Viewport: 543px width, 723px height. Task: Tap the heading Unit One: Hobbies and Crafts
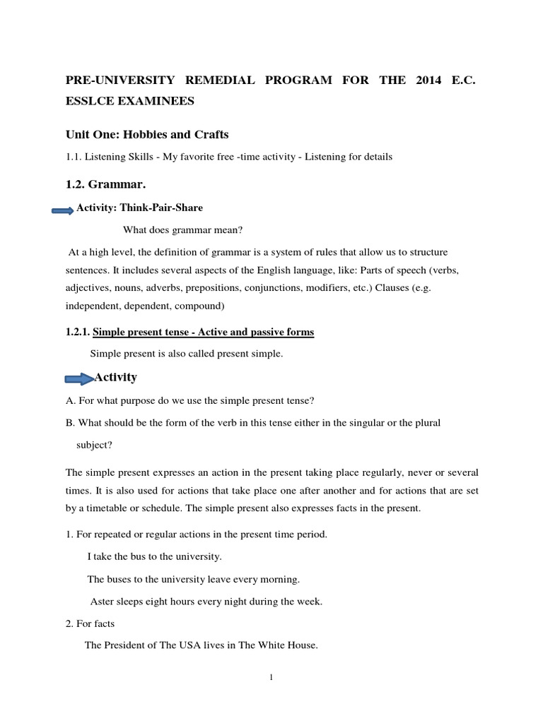(x=147, y=134)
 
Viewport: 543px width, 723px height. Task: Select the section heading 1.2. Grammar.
(x=105, y=185)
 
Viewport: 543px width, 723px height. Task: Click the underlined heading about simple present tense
(x=204, y=332)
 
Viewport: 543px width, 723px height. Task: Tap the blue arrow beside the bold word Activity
(x=78, y=379)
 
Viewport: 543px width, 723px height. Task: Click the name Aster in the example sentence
(x=103, y=602)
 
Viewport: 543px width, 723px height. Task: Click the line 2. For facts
(x=90, y=623)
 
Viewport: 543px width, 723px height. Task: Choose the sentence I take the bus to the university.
(x=154, y=556)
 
